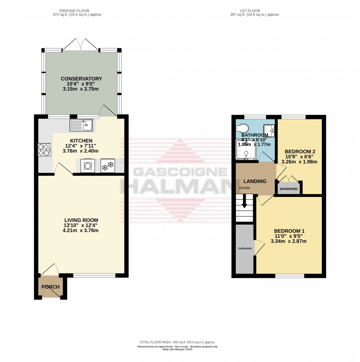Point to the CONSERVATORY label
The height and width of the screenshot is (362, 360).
(81, 79)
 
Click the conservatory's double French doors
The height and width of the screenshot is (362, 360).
(80, 44)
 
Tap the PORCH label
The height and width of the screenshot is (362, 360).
(50, 287)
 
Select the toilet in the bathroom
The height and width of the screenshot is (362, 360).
(243, 128)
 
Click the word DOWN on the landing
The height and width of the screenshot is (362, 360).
(244, 188)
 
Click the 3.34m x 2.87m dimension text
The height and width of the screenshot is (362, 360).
(288, 241)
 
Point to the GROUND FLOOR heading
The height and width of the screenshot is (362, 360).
(77, 11)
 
